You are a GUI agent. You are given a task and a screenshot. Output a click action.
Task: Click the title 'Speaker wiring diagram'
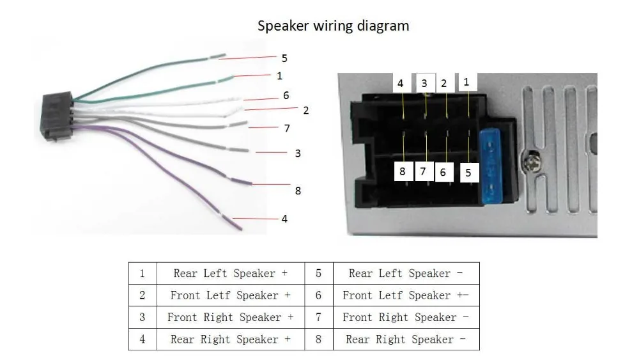[333, 26]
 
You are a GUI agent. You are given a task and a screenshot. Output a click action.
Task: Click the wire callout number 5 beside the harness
[284, 58]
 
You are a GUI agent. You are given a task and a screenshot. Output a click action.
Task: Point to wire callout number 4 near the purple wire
[284, 219]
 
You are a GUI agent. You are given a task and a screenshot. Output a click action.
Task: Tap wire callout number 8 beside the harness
[298, 191]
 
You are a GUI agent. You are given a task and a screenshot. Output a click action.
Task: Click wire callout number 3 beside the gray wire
[298, 153]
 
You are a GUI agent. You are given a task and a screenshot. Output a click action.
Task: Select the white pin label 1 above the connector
[466, 82]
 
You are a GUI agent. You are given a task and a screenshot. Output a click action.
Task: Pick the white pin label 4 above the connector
[401, 84]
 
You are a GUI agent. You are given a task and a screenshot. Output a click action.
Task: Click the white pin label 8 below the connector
[403, 171]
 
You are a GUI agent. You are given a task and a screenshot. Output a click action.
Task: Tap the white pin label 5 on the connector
[468, 173]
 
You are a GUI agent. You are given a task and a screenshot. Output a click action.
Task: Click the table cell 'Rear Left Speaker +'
[231, 273]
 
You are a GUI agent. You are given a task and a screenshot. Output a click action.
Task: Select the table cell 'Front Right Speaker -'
[406, 317]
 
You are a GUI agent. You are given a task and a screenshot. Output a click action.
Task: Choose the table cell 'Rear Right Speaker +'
[231, 339]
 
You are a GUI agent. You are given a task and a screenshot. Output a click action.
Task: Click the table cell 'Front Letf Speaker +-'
[406, 295]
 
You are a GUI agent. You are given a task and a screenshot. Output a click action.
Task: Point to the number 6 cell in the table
[319, 295]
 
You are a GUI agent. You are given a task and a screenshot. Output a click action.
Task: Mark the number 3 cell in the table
[142, 317]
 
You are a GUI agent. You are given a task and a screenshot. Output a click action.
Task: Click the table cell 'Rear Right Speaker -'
[406, 339]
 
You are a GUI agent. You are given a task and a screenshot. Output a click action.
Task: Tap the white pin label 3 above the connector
[424, 84]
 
